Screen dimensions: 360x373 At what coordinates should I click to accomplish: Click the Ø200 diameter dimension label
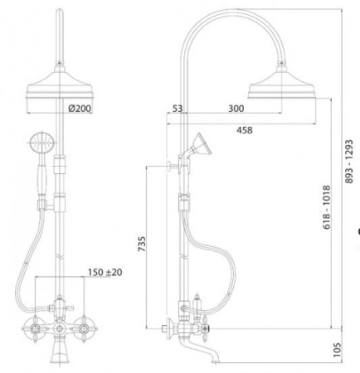click(80, 109)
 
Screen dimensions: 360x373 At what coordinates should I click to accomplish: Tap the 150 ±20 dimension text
click(105, 273)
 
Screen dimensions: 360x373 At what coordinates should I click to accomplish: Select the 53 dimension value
click(178, 109)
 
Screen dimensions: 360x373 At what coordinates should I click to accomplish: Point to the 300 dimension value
click(236, 109)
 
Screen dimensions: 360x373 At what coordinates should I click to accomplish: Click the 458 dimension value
click(245, 130)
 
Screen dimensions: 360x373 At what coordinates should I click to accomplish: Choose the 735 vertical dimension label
click(142, 244)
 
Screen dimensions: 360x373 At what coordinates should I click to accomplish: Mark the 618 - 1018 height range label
click(327, 207)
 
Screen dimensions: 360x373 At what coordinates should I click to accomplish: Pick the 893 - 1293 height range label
click(349, 162)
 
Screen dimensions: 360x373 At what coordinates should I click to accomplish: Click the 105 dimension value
click(337, 350)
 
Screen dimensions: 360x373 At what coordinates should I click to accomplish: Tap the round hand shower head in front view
click(41, 143)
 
